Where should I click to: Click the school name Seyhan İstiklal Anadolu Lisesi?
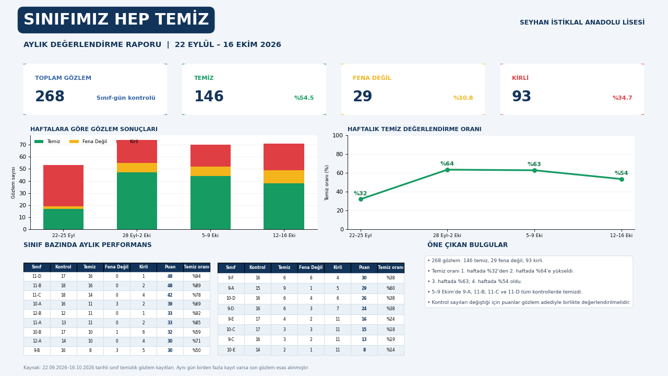(x=582, y=22)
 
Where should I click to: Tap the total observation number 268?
(x=50, y=97)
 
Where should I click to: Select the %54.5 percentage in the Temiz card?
(x=304, y=98)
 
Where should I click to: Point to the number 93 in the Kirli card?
(x=521, y=97)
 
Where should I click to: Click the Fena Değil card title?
(x=372, y=78)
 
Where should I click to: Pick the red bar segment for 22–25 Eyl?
(x=64, y=185)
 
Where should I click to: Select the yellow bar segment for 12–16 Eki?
(x=284, y=177)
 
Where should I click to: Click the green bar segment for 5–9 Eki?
(x=210, y=203)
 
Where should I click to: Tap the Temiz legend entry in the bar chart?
(x=47, y=142)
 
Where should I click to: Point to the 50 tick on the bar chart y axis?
(x=22, y=169)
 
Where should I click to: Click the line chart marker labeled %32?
(x=361, y=199)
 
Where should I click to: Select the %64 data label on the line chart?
(x=447, y=163)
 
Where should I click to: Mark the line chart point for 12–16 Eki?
(x=622, y=179)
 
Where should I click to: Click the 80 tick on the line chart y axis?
(x=340, y=154)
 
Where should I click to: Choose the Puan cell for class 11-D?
(x=170, y=276)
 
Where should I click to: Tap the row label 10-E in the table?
(x=231, y=350)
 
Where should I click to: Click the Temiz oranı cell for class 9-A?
(x=391, y=288)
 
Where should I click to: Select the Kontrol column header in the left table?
(x=63, y=267)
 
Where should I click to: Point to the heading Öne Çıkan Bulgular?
(x=467, y=245)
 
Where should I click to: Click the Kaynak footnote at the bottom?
(x=166, y=368)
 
